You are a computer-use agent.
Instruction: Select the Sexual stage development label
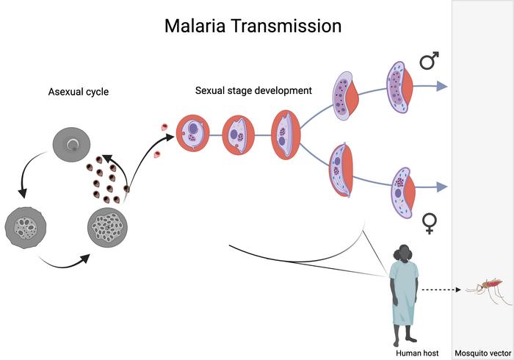(x=253, y=91)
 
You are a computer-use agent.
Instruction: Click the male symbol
(x=430, y=61)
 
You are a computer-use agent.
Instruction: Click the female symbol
(x=430, y=221)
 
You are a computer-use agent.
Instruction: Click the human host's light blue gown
(x=405, y=294)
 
